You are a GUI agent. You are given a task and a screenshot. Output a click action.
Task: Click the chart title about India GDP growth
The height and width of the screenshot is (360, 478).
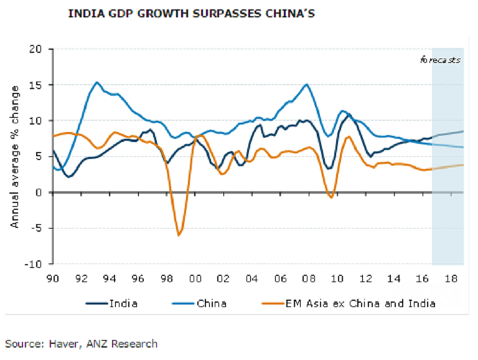click(x=192, y=14)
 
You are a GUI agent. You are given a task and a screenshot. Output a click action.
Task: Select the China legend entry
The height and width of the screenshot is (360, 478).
click(x=209, y=303)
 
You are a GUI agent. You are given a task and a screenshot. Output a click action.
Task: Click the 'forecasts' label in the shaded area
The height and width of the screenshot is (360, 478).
click(x=440, y=60)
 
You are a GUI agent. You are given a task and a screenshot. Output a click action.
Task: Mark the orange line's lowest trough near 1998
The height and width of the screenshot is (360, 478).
click(x=179, y=235)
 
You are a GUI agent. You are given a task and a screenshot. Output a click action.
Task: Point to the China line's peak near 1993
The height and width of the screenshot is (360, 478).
click(x=97, y=82)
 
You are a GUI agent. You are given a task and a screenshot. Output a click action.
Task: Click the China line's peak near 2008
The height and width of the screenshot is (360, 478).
click(x=306, y=84)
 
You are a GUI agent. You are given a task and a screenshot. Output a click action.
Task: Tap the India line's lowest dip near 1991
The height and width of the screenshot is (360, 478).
click(x=68, y=176)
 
